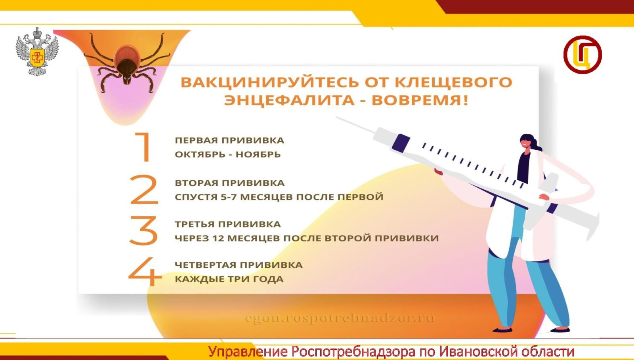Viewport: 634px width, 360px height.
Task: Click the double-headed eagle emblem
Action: point(37,51)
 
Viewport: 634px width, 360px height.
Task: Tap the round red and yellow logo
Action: point(582,55)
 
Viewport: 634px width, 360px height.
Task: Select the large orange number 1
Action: point(143,147)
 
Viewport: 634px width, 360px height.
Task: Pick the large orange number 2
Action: point(144,189)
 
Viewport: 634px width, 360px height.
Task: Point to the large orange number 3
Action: point(143,230)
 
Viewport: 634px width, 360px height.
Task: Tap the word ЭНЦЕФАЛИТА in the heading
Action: point(289,100)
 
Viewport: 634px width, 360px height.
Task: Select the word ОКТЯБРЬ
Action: point(202,154)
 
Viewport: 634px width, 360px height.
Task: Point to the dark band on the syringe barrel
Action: point(401,143)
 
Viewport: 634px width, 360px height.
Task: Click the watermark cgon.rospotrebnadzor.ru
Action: point(340,318)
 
